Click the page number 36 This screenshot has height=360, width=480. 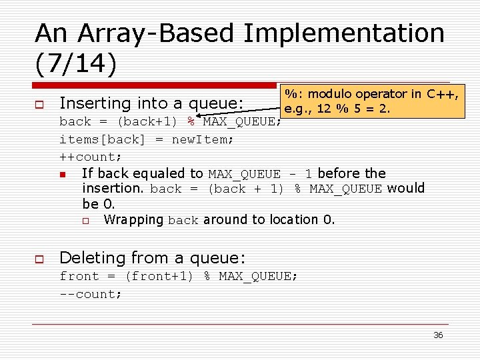[438, 335]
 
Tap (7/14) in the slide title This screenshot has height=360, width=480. [75, 65]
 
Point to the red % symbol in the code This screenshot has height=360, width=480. [190, 121]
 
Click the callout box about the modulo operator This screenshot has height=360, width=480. [372, 101]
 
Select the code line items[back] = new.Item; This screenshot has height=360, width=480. [146, 139]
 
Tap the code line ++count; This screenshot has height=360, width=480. [91, 157]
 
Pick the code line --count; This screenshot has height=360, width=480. [91, 294]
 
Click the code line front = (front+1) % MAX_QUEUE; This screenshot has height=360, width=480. [179, 276]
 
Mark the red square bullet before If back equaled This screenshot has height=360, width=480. [63, 174]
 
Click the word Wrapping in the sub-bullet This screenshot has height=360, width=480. [134, 219]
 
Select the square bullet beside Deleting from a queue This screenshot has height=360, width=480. [39, 259]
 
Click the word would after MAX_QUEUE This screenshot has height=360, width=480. [405, 188]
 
